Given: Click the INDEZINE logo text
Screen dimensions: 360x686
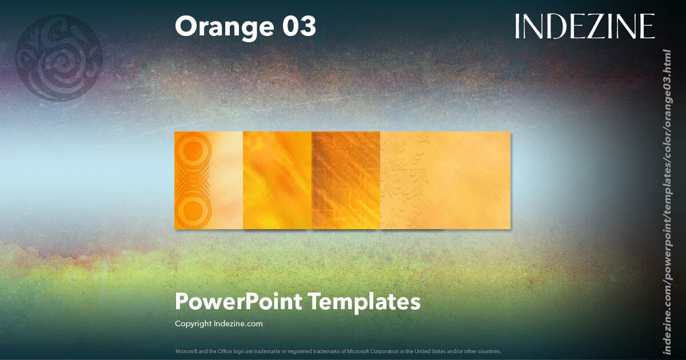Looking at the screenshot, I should [584, 26].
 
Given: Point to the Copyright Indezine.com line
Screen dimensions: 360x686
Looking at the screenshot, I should [218, 323].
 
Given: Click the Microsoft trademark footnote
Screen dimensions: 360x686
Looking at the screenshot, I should [338, 351].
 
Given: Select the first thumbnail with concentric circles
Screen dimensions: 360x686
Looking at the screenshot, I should [209, 181].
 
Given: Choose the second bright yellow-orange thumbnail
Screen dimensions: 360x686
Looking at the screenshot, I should [277, 181].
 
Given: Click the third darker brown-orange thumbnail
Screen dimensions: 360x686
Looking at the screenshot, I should [346, 181].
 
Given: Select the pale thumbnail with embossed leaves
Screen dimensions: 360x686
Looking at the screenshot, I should [445, 181].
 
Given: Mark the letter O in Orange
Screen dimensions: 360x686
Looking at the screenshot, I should [186, 27].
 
